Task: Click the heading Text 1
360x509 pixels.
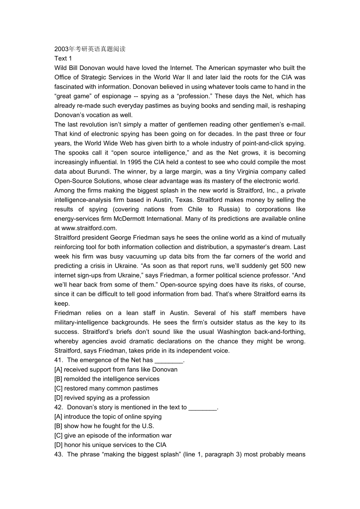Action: click(63, 58)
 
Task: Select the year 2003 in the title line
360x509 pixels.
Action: click(61, 49)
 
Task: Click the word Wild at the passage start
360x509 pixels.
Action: click(61, 68)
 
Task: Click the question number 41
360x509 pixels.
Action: click(58, 360)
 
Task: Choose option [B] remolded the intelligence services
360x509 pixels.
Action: click(107, 379)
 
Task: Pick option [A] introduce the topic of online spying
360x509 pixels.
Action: click(108, 416)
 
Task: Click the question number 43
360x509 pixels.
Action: click(58, 454)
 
